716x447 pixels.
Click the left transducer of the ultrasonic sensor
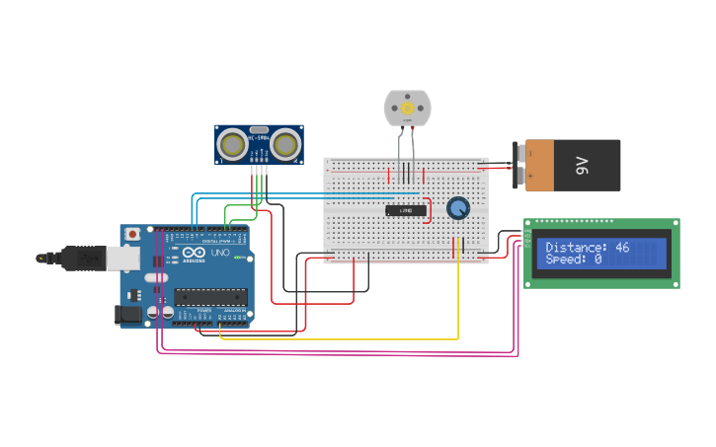tap(233, 145)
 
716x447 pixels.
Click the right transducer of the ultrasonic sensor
tap(285, 145)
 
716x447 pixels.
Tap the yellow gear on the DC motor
tap(408, 107)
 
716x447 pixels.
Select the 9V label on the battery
tap(582, 165)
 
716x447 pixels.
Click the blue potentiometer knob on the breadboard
tap(458, 208)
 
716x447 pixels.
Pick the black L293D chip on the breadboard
tap(406, 210)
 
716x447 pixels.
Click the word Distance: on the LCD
tap(577, 248)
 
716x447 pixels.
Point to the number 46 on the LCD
tap(622, 248)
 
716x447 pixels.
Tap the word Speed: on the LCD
tap(568, 260)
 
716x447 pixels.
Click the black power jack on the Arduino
tap(129, 315)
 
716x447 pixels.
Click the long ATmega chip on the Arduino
tap(210, 296)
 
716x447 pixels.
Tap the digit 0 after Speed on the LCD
tap(597, 260)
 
